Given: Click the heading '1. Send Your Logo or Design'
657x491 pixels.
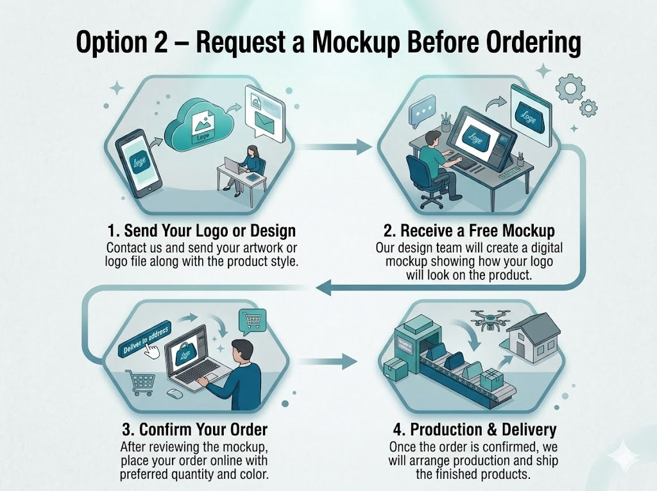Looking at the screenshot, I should [201, 231].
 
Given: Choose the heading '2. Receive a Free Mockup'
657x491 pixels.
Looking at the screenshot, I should [466, 231].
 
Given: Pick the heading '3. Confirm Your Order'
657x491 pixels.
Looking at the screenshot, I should [194, 429].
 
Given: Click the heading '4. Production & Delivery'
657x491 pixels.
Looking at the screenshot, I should [474, 429].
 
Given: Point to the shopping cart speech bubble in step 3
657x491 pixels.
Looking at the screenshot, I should [251, 320].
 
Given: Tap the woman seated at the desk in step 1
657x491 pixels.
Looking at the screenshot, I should [250, 166].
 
